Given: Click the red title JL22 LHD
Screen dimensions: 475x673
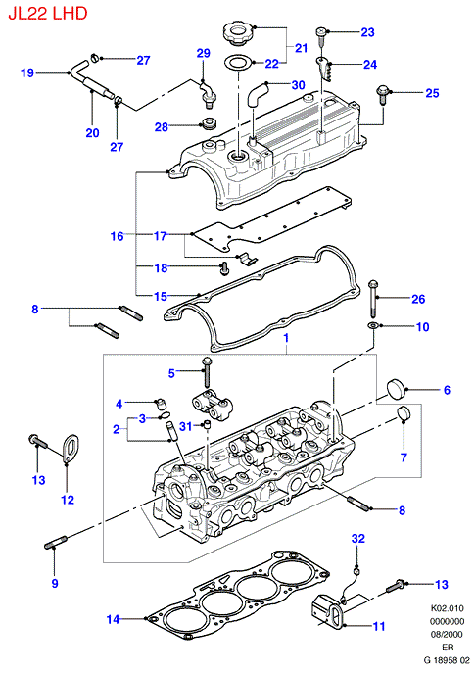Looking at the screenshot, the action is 48,14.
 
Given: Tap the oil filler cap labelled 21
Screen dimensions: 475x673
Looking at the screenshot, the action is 239,34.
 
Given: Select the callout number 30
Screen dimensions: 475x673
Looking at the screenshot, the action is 298,85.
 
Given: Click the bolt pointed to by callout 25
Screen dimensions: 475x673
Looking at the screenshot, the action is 382,95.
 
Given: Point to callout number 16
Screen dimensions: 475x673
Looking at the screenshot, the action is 118,236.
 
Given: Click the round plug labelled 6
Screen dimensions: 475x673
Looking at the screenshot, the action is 396,389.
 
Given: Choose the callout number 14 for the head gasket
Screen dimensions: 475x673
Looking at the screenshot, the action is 113,619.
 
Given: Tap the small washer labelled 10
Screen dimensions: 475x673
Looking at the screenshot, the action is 373,326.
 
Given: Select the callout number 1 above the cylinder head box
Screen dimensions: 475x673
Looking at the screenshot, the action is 286,338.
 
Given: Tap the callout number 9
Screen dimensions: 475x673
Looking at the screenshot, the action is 55,583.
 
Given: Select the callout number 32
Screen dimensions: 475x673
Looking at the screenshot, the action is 358,538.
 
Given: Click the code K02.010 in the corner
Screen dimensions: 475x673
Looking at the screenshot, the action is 448,608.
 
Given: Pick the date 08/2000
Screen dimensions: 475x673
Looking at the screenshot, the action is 447,634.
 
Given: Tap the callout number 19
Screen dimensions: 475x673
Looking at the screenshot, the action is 27,72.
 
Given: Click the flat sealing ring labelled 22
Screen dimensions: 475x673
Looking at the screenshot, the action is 239,63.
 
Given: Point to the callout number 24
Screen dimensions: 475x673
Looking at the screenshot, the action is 370,65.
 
